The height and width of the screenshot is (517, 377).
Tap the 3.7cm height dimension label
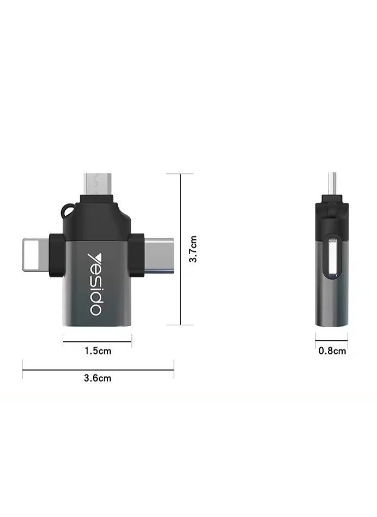[193, 249]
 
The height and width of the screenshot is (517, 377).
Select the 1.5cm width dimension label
[98, 351]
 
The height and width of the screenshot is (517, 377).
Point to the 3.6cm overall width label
[98, 378]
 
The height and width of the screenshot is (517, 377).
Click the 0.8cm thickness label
[332, 351]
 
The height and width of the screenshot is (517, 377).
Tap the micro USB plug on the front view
[98, 183]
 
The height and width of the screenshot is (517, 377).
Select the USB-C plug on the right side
[159, 254]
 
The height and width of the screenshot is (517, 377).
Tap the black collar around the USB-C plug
[137, 254]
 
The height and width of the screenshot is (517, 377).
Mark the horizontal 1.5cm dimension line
[98, 342]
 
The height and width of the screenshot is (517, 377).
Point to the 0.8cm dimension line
[332, 342]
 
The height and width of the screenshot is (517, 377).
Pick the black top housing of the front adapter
[98, 215]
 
